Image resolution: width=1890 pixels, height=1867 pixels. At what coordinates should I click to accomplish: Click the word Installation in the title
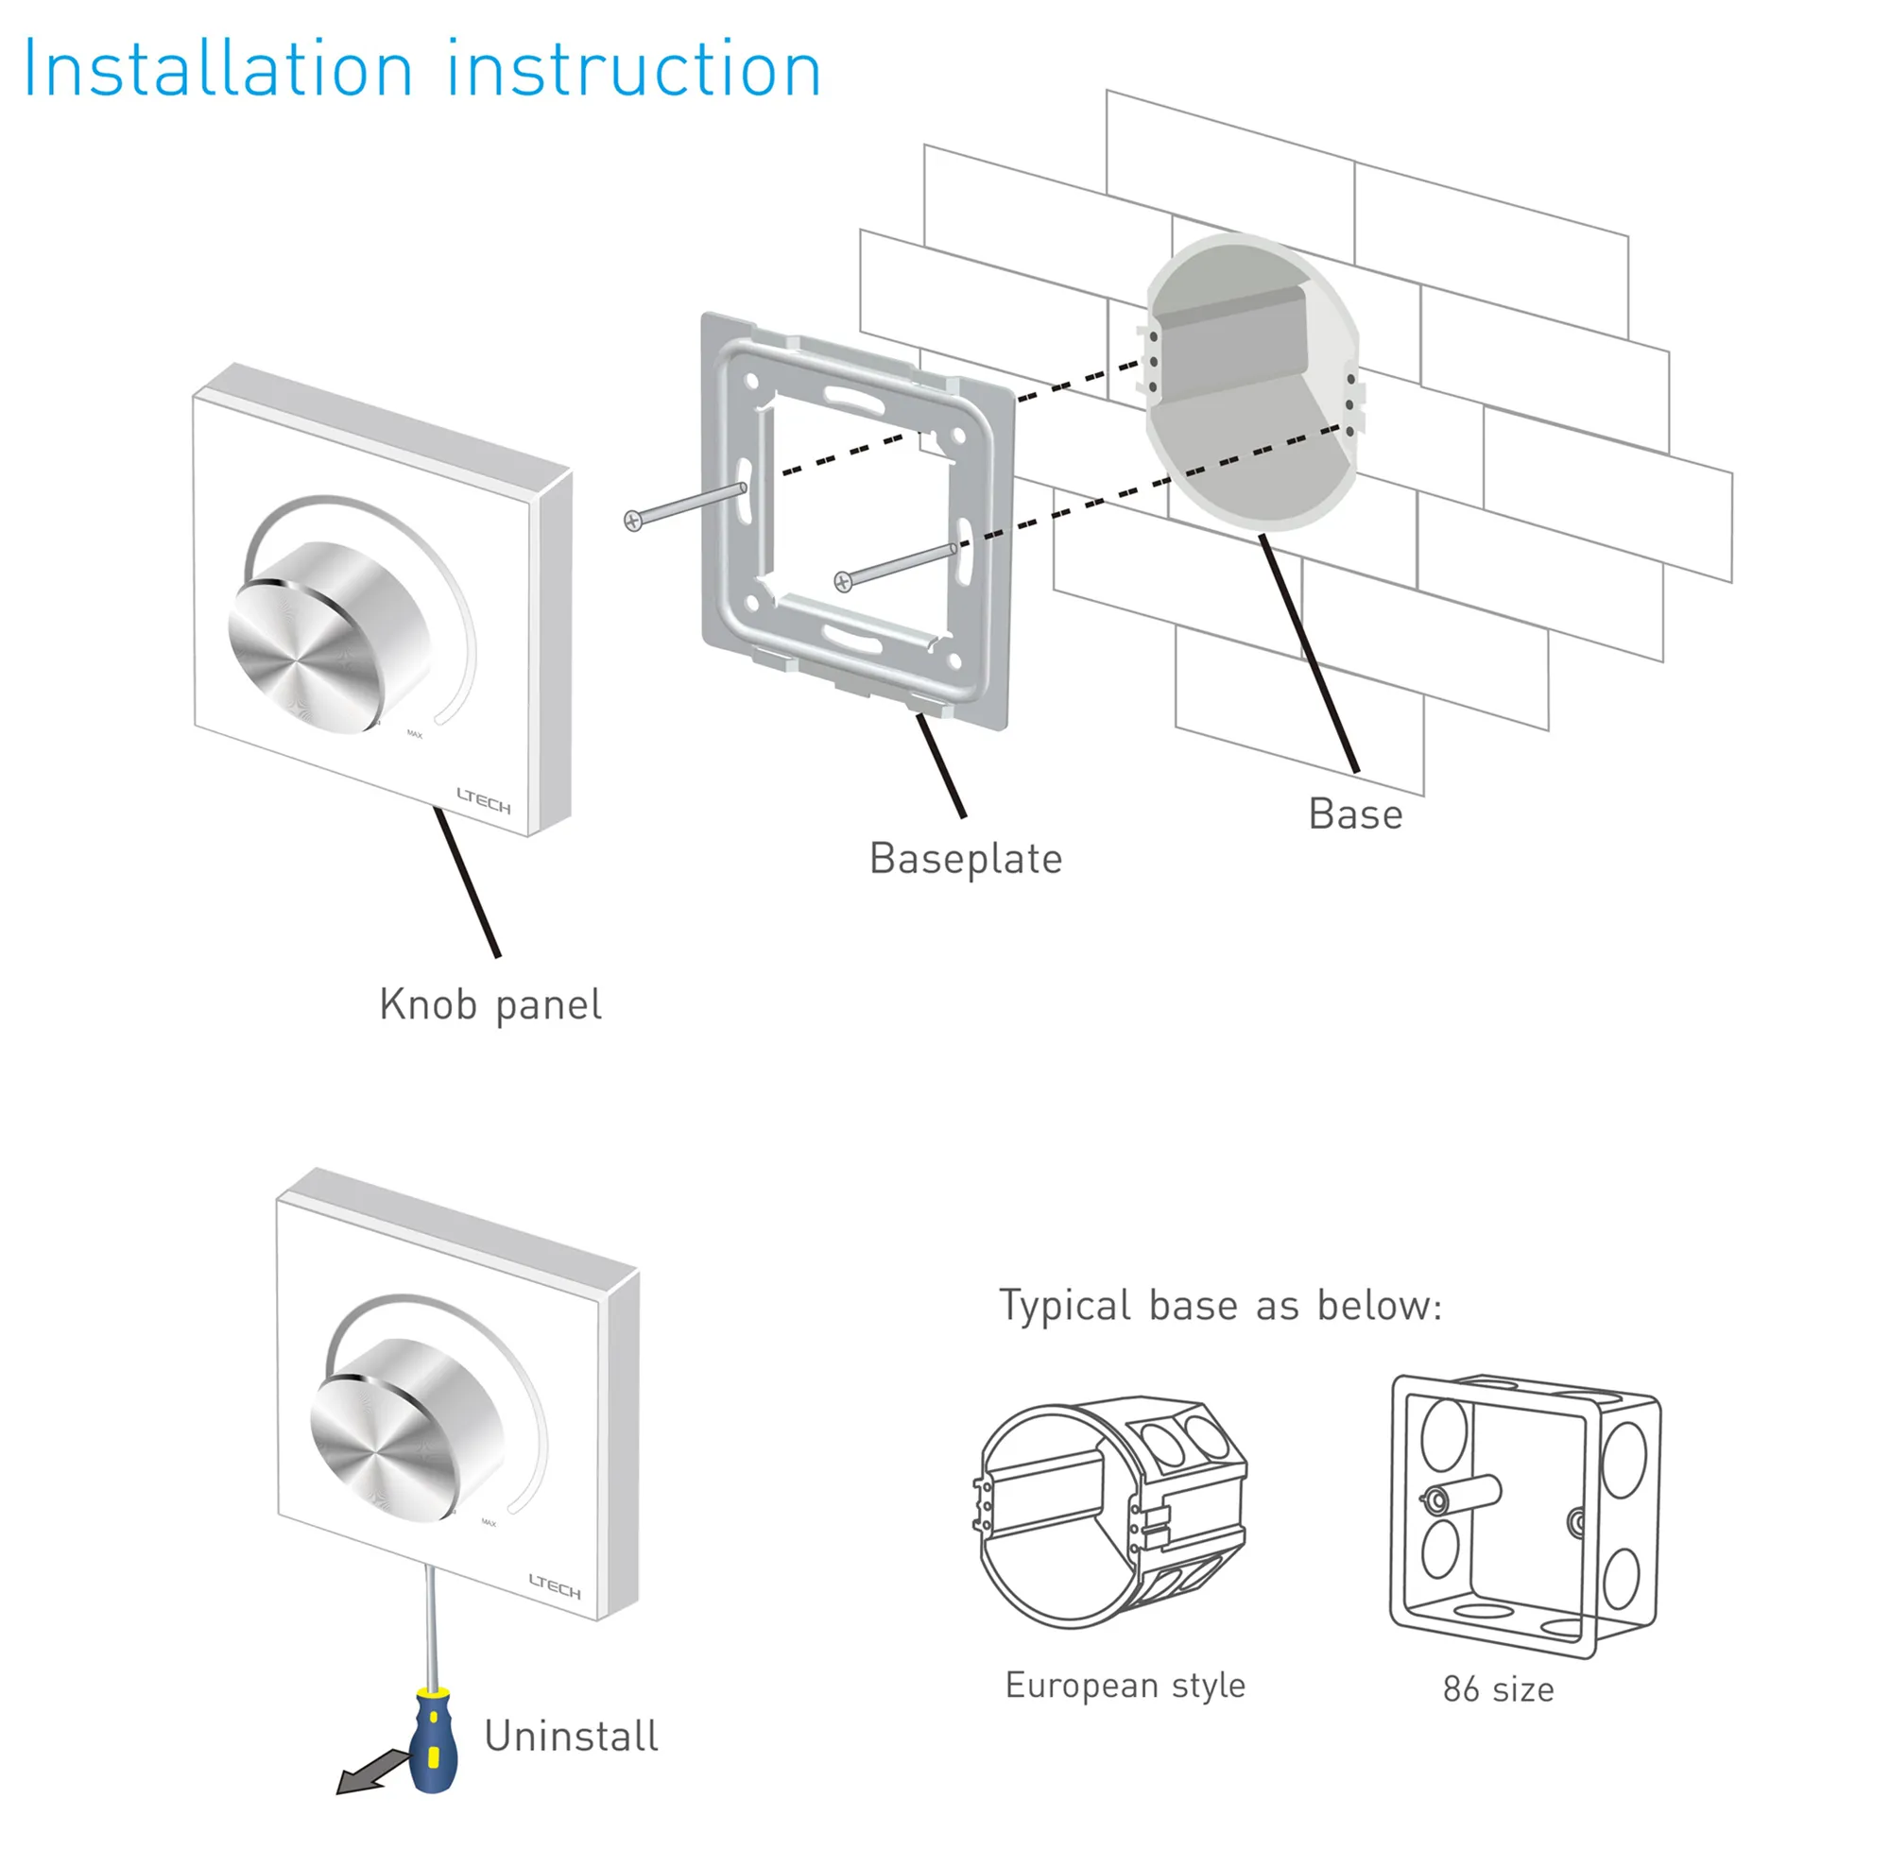tap(217, 71)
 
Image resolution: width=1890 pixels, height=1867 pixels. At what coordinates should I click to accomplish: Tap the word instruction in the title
tap(634, 71)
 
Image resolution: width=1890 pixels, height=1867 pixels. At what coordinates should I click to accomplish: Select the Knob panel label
tap(490, 1005)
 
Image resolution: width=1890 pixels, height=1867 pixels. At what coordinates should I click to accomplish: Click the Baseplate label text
tap(966, 859)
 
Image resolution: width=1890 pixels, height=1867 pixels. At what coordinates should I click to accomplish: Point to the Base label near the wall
tap(1355, 814)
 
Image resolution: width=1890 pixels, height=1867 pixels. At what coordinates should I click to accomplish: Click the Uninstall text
tap(572, 1736)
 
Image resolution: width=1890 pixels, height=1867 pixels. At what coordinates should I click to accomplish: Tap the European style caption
tap(1125, 1685)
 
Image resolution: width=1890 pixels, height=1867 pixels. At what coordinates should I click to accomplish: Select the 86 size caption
tap(1498, 1689)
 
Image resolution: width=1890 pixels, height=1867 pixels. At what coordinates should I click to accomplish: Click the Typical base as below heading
tap(1220, 1306)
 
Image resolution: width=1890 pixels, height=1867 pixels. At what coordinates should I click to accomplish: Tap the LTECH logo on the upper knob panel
tap(484, 801)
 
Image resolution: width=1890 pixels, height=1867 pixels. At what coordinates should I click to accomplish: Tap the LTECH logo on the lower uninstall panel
tap(555, 1586)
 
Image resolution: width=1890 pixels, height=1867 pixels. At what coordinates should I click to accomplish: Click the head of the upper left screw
tap(633, 522)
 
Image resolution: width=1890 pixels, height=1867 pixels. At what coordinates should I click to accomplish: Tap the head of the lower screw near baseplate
tap(843, 583)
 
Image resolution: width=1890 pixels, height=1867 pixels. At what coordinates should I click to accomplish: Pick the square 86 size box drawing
tap(1524, 1515)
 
